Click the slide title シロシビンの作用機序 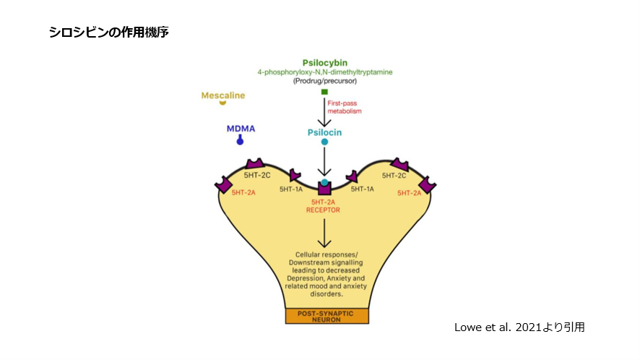[109, 33]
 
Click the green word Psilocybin [324, 62]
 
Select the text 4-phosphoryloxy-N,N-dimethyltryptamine [324, 72]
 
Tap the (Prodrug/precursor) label [324, 81]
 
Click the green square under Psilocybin [324, 92]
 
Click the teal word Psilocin [324, 132]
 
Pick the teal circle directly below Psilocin [324, 142]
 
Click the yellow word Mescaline [222, 95]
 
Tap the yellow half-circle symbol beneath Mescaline [222, 104]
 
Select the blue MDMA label [241, 129]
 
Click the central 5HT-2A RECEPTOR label [325, 206]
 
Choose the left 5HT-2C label [256, 176]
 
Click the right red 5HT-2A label [410, 193]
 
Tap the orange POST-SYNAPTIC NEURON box [327, 316]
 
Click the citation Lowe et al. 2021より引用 [519, 327]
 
